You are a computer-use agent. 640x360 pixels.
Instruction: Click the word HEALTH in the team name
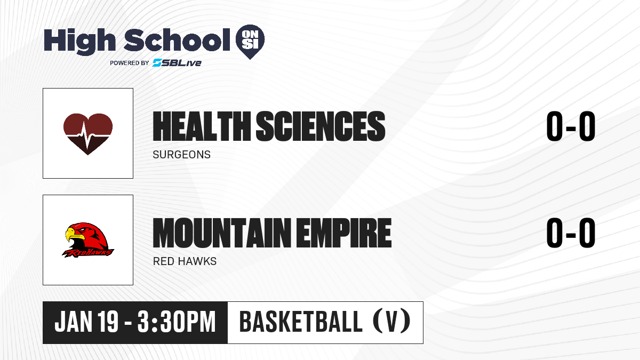(202, 126)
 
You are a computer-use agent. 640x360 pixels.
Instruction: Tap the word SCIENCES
(321, 126)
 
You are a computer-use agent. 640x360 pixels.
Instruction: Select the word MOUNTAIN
(222, 233)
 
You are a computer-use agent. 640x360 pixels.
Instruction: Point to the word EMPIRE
(343, 233)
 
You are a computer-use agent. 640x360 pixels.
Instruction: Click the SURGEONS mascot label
(181, 155)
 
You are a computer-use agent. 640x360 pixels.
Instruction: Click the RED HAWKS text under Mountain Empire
(185, 261)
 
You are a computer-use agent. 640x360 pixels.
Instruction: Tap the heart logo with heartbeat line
(87, 134)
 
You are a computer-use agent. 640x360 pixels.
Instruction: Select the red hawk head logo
(87, 240)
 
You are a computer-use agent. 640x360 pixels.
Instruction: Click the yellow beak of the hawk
(74, 234)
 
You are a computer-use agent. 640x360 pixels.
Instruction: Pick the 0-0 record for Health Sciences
(571, 126)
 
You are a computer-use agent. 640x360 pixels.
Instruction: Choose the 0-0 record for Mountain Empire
(571, 233)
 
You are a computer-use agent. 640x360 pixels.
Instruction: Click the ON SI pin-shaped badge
(250, 42)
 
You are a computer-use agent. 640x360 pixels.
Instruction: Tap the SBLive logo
(177, 62)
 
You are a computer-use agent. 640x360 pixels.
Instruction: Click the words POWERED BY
(130, 63)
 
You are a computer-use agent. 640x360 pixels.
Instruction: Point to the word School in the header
(177, 39)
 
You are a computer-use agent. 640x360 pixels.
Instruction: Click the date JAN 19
(86, 322)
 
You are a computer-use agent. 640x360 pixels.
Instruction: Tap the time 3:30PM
(177, 322)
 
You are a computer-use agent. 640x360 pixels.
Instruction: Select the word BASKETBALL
(301, 322)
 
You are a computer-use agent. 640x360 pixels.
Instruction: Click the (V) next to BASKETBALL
(391, 322)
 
